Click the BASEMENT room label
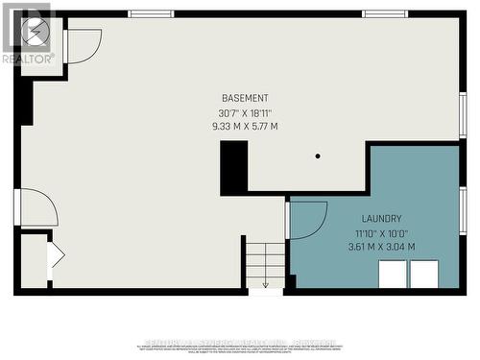245,98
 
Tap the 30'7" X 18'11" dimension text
245,111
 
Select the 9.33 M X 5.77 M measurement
245,126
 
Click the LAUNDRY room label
381,219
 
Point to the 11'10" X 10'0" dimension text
381,232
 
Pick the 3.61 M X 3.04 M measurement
381,247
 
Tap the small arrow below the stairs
265,283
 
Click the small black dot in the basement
318,156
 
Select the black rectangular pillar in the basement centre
233,167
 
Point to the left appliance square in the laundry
393,274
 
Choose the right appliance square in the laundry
424,274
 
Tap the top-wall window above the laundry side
385,13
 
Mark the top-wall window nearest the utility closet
151,13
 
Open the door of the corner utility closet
83,45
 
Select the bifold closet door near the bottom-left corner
56,255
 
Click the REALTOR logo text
26,59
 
